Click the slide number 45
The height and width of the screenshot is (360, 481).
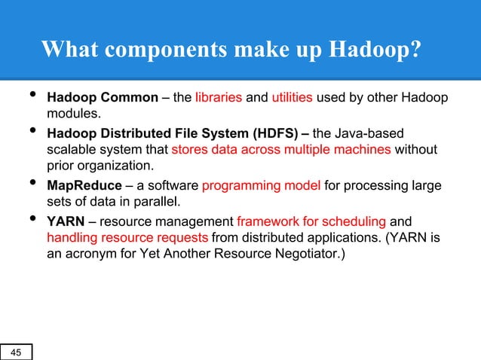pyautogui.click(x=16, y=352)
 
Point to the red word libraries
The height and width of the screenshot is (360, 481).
pyautogui.click(x=218, y=98)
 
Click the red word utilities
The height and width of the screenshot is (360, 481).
pyautogui.click(x=292, y=98)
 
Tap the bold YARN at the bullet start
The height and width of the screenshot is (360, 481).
pyautogui.click(x=64, y=222)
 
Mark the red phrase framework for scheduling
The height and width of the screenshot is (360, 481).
pyautogui.click(x=311, y=222)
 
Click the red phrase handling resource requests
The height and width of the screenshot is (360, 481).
pyautogui.click(x=128, y=238)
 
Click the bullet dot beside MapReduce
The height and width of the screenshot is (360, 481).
pyautogui.click(x=31, y=183)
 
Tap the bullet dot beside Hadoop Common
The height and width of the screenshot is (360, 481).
pyautogui.click(x=31, y=96)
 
